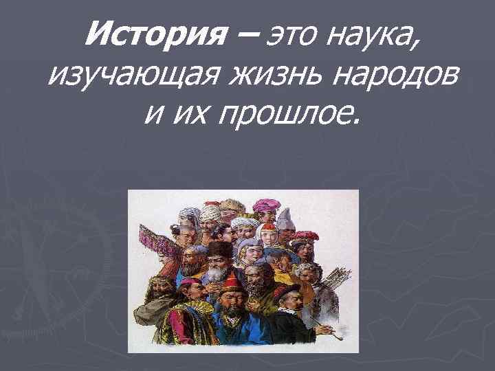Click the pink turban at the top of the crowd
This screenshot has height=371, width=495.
265,204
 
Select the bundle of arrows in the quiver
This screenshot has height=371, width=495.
337,279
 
